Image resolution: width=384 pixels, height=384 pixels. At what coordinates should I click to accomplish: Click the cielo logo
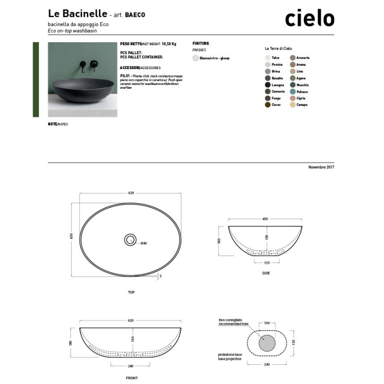(x=309, y=18)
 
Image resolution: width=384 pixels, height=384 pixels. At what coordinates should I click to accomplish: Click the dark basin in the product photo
(x=82, y=86)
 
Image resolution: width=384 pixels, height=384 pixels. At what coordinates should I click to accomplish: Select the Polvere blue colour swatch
(x=292, y=91)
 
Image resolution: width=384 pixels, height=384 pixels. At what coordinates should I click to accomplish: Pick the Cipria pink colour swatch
(x=292, y=98)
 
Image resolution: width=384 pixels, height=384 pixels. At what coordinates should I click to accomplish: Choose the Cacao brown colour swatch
(x=267, y=105)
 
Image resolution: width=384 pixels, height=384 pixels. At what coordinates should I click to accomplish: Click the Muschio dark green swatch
(x=292, y=84)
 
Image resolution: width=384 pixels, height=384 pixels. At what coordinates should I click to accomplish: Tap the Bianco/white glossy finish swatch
(x=195, y=58)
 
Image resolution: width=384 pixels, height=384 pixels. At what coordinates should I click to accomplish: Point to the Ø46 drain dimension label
(x=144, y=243)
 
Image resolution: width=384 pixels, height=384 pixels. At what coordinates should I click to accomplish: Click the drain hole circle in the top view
(x=131, y=239)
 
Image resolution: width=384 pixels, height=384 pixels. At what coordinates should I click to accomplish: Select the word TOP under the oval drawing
(x=131, y=292)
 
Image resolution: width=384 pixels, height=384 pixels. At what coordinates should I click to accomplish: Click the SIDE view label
(x=266, y=273)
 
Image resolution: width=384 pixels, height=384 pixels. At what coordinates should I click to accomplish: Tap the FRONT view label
(x=132, y=378)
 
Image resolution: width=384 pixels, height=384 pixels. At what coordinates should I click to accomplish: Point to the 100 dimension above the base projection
(x=266, y=323)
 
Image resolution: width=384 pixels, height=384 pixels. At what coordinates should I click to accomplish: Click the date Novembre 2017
(x=321, y=167)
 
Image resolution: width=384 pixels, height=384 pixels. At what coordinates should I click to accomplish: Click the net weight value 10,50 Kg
(x=169, y=43)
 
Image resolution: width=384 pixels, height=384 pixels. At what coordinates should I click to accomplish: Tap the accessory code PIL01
(x=123, y=76)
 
